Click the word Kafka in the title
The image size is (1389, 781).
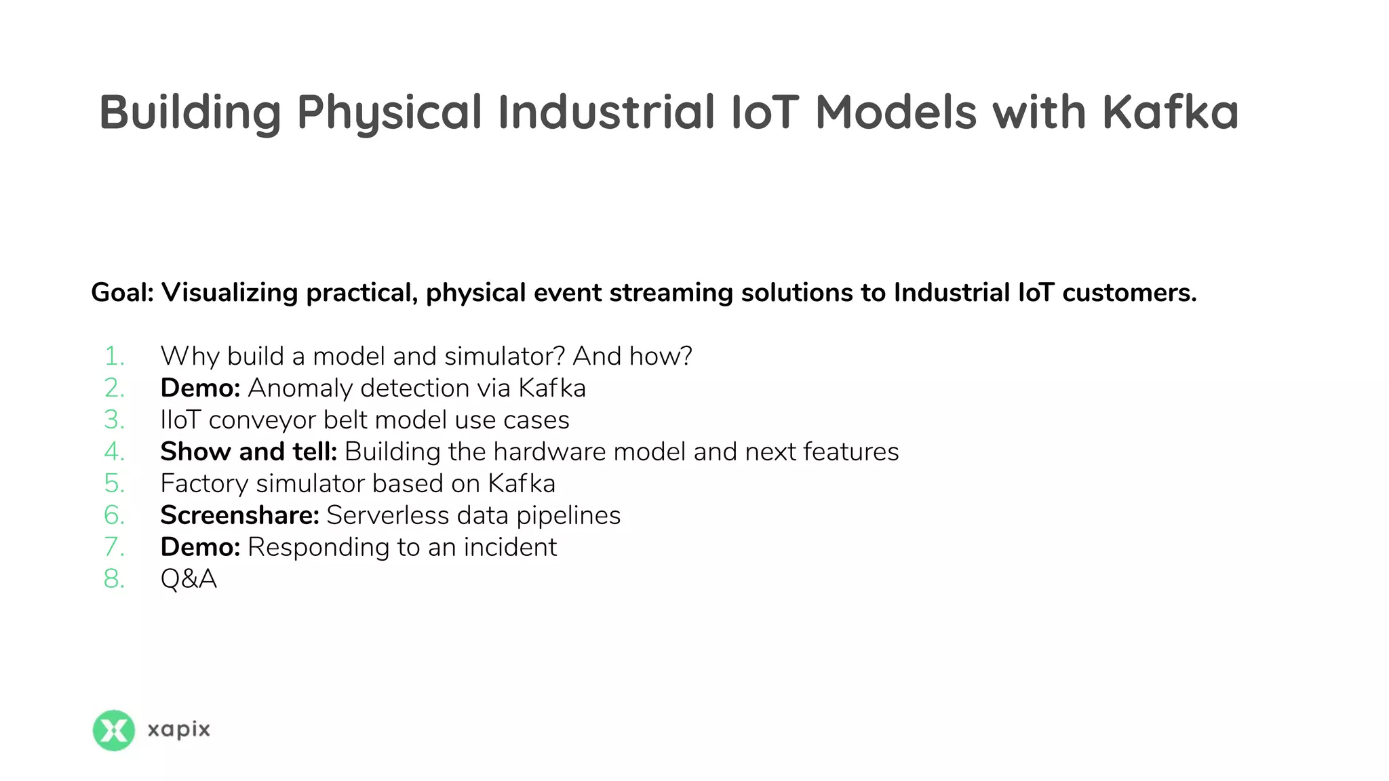tap(1170, 112)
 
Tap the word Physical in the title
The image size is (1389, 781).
tap(389, 113)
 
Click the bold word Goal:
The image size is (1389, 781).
tap(123, 293)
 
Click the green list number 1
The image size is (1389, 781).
tap(114, 356)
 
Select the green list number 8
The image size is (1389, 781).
tap(114, 579)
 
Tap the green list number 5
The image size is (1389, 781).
tap(114, 483)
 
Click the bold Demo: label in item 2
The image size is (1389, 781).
tap(200, 388)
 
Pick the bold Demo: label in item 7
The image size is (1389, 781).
tap(200, 547)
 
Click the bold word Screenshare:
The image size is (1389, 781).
tap(239, 515)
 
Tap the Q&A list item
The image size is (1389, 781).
tap(189, 579)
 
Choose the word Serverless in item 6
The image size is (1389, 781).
tap(388, 515)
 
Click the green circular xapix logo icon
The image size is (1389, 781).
tap(113, 730)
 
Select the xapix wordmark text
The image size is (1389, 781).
tap(179, 730)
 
